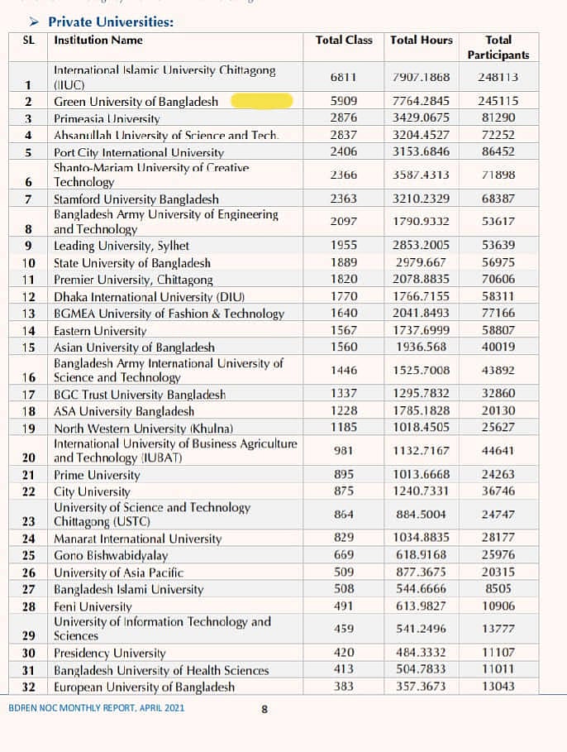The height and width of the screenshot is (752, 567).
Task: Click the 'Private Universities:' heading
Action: tap(110, 22)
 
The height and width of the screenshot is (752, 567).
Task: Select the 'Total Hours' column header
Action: tap(422, 40)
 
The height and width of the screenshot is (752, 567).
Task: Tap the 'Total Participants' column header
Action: tap(498, 47)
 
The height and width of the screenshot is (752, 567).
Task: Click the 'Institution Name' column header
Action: tap(98, 40)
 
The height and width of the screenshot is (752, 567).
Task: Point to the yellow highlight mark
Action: tap(262, 101)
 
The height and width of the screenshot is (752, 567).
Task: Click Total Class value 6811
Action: tap(343, 77)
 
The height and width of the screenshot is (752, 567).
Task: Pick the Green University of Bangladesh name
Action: tap(136, 102)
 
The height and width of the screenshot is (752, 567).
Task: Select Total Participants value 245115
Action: tap(498, 101)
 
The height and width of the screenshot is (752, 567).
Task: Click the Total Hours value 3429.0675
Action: tap(422, 117)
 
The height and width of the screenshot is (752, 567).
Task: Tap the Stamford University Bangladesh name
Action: tap(136, 199)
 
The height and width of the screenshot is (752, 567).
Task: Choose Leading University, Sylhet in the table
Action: tap(121, 246)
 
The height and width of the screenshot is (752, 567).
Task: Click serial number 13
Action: tap(29, 314)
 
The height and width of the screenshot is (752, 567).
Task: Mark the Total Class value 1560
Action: tap(343, 347)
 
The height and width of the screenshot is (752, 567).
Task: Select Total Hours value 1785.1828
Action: tap(422, 410)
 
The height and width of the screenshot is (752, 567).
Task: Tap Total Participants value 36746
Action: tap(498, 491)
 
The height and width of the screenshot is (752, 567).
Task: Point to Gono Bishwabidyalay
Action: tap(111, 554)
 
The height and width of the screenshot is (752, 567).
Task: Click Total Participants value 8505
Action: tap(498, 588)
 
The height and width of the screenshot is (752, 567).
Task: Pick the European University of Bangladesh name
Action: tap(145, 687)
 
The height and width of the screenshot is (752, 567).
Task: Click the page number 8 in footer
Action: tap(264, 708)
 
